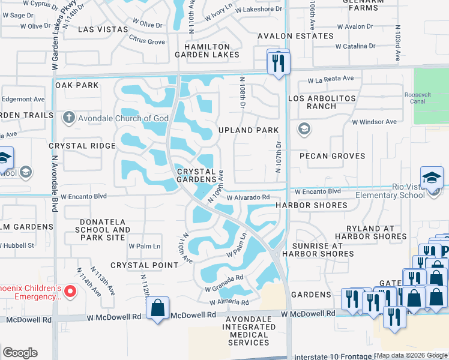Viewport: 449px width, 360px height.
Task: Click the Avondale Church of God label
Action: tap(123, 118)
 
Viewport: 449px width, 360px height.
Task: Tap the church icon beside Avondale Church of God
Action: tap(70, 118)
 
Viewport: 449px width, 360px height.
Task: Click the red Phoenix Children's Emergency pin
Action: tap(70, 292)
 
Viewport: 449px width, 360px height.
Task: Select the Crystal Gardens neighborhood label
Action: tap(196, 175)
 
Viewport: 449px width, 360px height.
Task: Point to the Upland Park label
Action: tap(249, 130)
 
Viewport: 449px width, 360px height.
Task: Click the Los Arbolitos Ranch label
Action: tap(322, 102)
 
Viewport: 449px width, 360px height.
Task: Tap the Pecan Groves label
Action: tap(331, 156)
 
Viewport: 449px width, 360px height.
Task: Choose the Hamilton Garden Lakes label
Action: tap(207, 50)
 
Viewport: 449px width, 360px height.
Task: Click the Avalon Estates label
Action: tap(295, 36)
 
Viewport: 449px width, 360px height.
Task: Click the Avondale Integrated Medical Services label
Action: tap(249, 334)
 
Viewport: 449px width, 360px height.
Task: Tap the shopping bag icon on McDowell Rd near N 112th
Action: tap(158, 308)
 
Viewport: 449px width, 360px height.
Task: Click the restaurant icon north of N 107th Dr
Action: tap(278, 61)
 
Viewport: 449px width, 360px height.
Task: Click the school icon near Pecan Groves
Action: tap(304, 129)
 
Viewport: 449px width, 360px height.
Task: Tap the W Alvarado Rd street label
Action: tap(248, 197)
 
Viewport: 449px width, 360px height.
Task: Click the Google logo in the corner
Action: tap(20, 353)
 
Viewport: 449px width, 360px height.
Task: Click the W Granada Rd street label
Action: tap(223, 278)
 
